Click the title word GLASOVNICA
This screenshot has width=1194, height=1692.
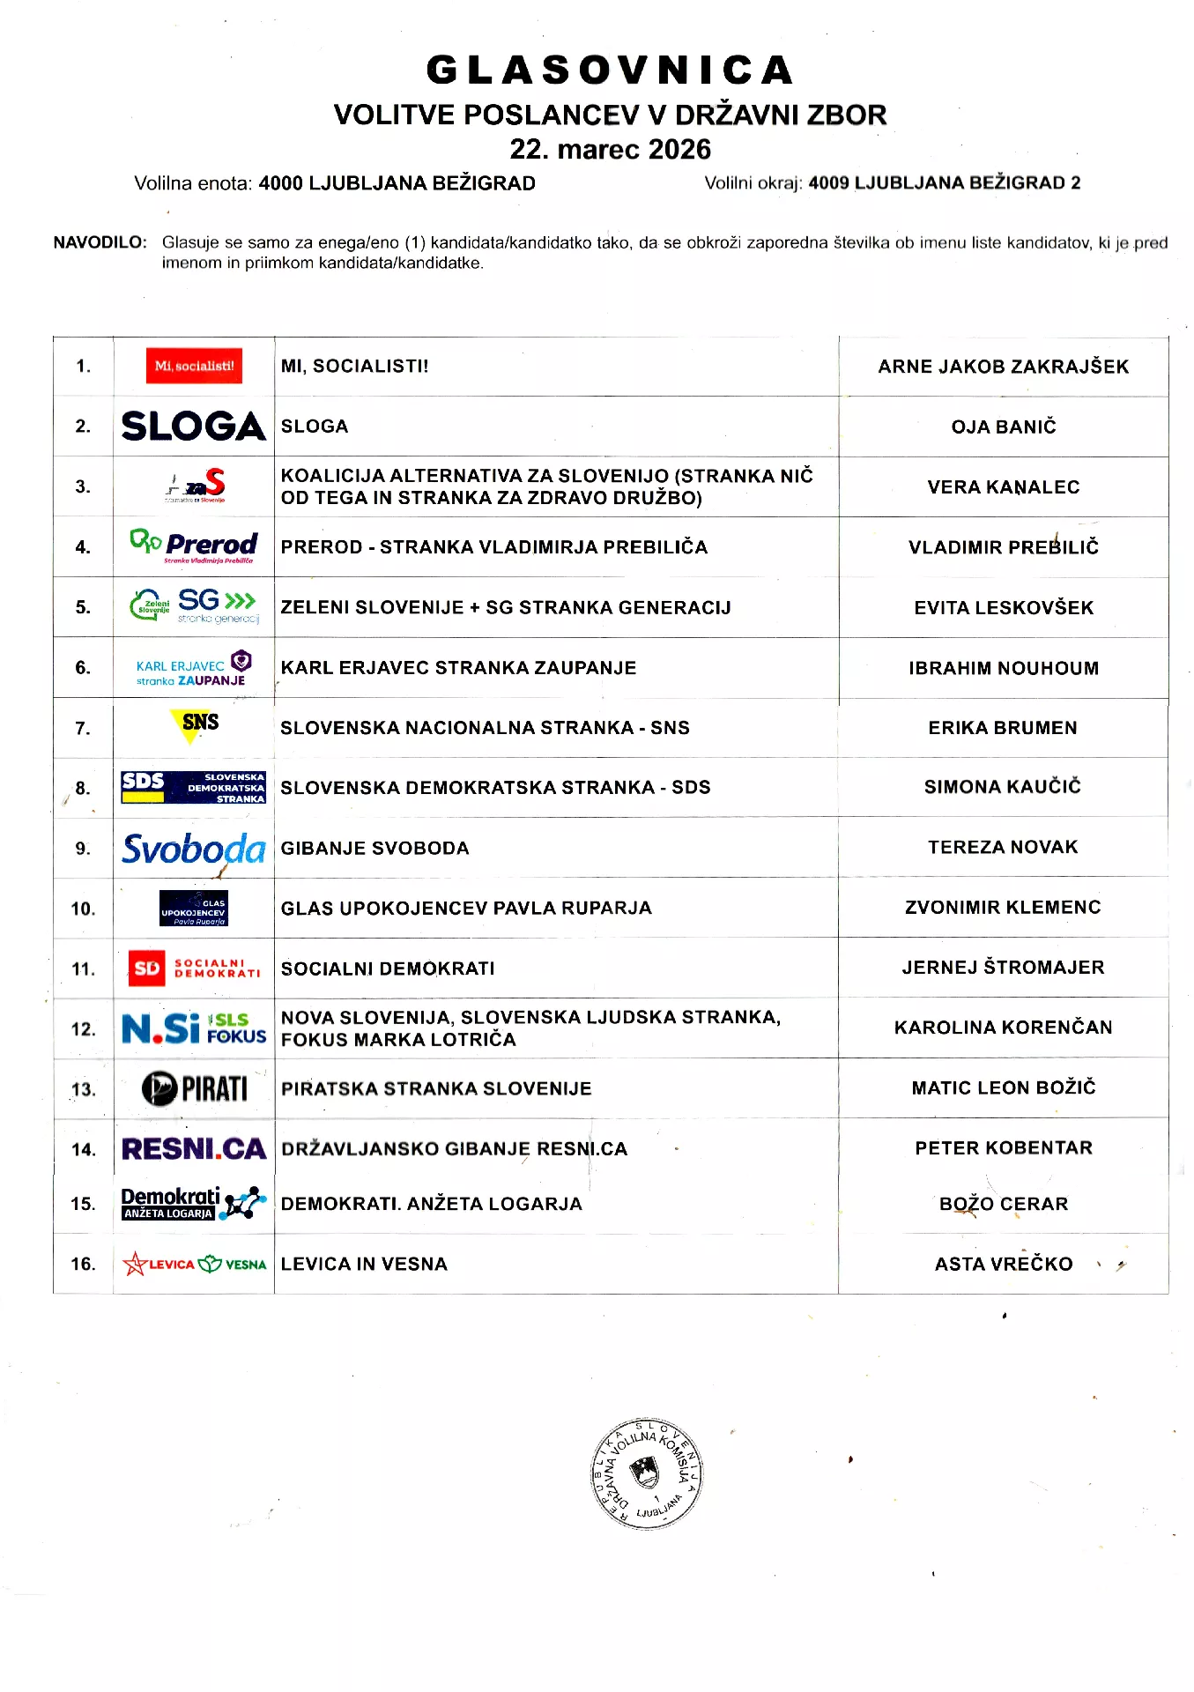pos(610,70)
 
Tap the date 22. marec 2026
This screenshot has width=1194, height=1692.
pos(610,149)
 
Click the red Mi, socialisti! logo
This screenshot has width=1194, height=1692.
pos(194,366)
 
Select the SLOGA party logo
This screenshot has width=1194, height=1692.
pos(194,427)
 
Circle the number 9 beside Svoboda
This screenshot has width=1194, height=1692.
pos(82,849)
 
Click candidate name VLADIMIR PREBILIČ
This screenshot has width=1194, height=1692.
pos(1003,547)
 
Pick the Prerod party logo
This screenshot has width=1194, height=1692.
pos(194,546)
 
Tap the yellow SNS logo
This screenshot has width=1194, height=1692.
pos(195,725)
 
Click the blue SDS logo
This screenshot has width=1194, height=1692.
pos(194,787)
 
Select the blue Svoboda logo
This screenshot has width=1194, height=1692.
pos(194,849)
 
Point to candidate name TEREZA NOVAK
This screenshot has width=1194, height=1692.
pos(1003,847)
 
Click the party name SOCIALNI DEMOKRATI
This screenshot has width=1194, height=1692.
pos(388,968)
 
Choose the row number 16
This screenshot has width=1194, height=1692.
pos(83,1264)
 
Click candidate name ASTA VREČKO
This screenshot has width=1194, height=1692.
pos(1003,1264)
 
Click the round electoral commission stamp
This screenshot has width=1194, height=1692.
pos(646,1473)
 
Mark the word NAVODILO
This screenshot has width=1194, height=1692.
pos(100,242)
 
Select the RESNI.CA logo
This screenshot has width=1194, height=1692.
pos(194,1149)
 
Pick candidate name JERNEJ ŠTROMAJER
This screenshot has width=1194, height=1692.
pos(1003,968)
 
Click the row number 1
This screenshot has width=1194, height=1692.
pos(83,366)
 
